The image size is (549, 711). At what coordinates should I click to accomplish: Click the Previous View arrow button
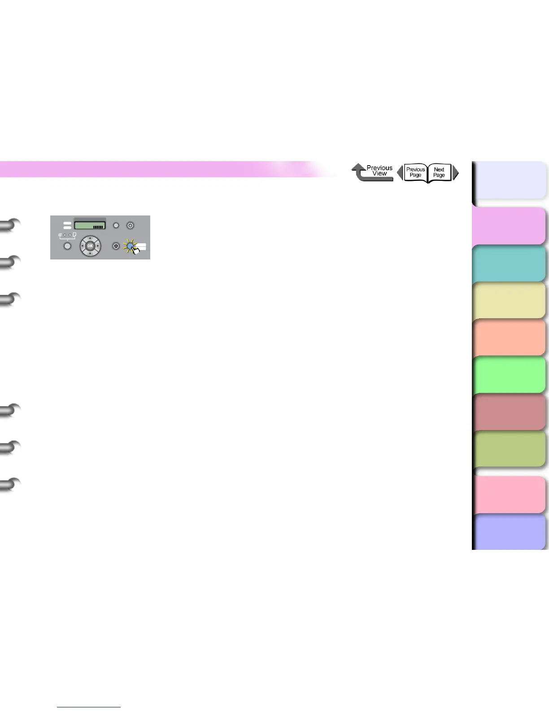[x=372, y=172]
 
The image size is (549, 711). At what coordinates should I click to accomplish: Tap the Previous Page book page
[x=415, y=172]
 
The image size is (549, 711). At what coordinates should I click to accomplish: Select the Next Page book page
[x=439, y=172]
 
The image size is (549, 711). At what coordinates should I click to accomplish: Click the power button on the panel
[x=131, y=225]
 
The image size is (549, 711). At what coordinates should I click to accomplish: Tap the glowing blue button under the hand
[x=130, y=246]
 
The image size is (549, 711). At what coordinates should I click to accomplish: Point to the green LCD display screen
[x=90, y=224]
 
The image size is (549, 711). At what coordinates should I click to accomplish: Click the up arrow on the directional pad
[x=90, y=238]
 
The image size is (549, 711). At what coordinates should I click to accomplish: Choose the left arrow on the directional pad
[x=82, y=246]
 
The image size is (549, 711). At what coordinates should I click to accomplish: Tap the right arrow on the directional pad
[x=98, y=246]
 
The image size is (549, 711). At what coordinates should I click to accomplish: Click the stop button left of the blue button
[x=116, y=246]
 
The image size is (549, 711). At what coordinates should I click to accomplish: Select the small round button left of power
[x=116, y=225]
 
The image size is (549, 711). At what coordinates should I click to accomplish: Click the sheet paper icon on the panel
[x=74, y=235]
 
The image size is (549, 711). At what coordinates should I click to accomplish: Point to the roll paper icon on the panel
[x=60, y=235]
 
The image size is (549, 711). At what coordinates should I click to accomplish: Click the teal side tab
[x=510, y=263]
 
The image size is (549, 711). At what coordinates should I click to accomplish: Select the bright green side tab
[x=510, y=375]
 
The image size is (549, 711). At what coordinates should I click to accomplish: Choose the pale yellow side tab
[x=510, y=301]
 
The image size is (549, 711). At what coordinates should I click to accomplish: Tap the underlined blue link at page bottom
[x=89, y=707]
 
